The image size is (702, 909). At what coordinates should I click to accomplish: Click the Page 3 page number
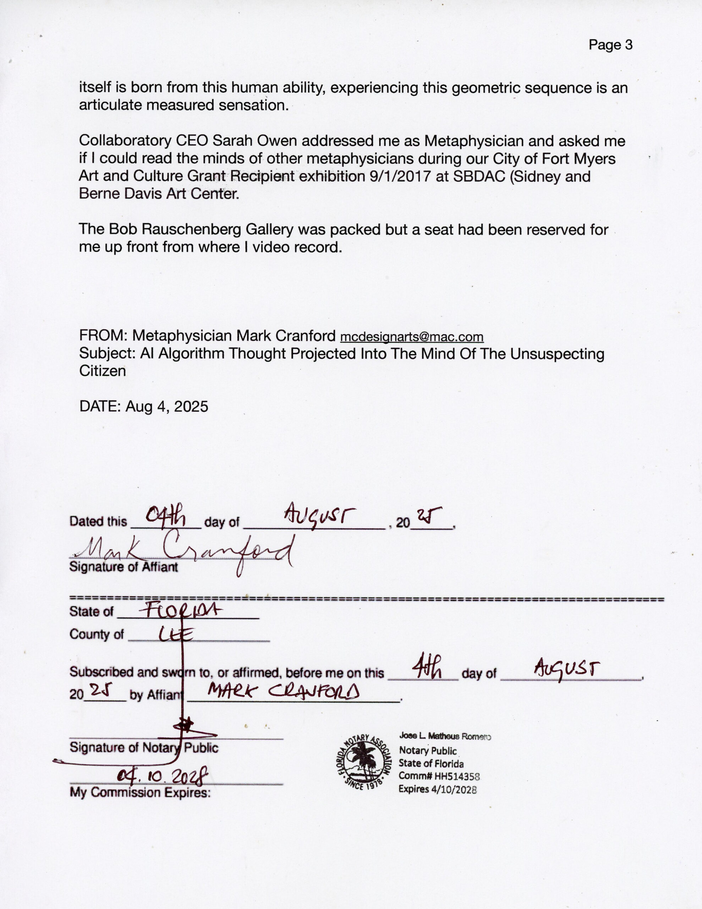(x=610, y=45)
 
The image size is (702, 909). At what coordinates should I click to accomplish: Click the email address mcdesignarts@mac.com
(x=412, y=337)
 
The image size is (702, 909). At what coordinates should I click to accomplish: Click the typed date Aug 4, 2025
(x=166, y=406)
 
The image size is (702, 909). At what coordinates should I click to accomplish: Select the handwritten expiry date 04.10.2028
(x=162, y=775)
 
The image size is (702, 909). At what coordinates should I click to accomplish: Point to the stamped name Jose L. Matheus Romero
(x=445, y=737)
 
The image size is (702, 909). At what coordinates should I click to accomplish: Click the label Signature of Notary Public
(x=144, y=748)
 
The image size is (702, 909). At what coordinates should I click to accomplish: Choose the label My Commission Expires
(x=140, y=793)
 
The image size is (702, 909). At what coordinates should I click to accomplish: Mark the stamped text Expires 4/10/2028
(x=437, y=789)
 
